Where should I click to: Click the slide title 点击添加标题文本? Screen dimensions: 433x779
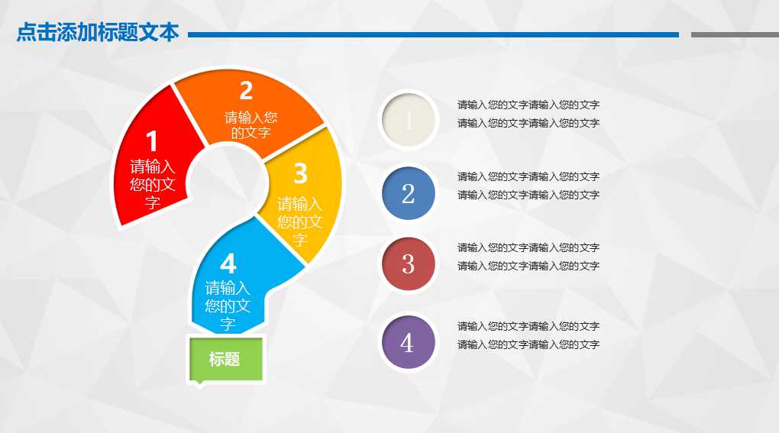98,34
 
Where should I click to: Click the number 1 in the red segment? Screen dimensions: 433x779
152,142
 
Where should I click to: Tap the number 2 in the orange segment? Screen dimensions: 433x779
246,91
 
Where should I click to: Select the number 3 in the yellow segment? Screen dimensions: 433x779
300,174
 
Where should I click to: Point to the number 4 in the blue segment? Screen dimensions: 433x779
228,264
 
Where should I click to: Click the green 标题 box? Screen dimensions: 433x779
225,359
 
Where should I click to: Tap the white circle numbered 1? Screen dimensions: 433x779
408,121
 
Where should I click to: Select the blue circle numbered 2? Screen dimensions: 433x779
408,194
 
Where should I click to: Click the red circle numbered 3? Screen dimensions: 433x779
408,264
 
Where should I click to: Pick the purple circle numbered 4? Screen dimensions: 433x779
408,343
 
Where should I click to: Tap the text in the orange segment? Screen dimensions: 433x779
251,125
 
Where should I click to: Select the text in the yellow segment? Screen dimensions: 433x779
299,221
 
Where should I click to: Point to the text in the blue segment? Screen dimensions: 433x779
228,305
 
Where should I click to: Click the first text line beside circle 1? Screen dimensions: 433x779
528,105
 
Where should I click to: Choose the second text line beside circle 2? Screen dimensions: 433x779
528,195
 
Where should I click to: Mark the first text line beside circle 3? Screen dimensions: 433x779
528,247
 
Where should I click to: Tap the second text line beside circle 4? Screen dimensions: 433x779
528,344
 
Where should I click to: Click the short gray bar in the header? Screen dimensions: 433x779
734,34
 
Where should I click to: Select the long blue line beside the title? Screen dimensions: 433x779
433,34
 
